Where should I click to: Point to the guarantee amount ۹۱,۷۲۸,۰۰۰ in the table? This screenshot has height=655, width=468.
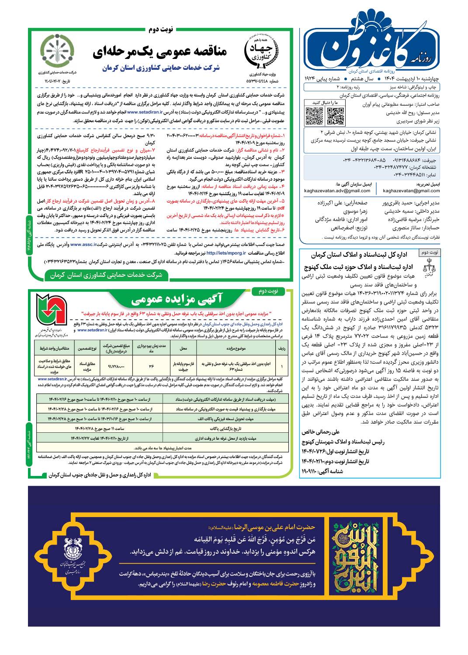coord(116,366)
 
